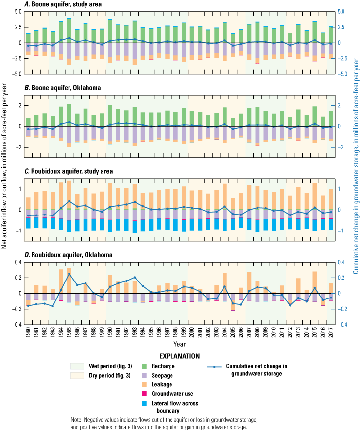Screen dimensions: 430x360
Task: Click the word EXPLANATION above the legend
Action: click(x=179, y=356)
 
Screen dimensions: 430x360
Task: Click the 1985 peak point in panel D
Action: click(x=69, y=274)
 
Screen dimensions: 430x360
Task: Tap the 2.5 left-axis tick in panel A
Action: click(x=17, y=27)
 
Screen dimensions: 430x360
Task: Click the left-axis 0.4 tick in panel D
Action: click(x=17, y=262)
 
